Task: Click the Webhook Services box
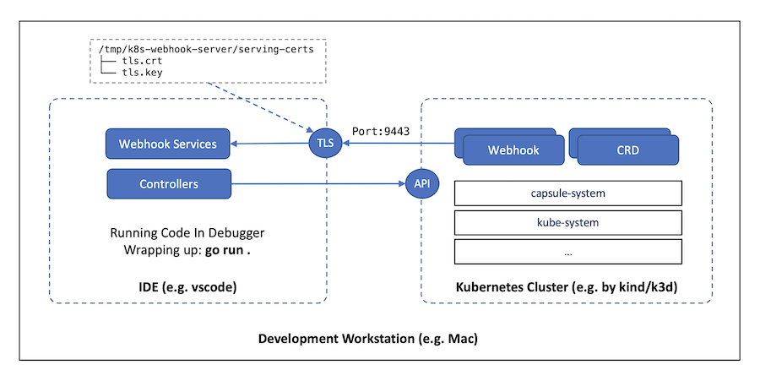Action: click(167, 144)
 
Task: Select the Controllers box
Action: click(169, 183)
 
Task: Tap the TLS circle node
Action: click(325, 144)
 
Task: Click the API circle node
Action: click(421, 183)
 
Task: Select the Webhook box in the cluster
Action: click(513, 150)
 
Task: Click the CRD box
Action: click(627, 150)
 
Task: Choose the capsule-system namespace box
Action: click(567, 193)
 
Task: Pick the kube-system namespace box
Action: click(567, 222)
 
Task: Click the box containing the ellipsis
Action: click(567, 252)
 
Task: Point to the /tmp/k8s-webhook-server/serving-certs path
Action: click(206, 49)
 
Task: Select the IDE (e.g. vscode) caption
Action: click(187, 288)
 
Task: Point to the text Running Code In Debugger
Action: click(187, 233)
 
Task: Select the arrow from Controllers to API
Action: click(317, 183)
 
